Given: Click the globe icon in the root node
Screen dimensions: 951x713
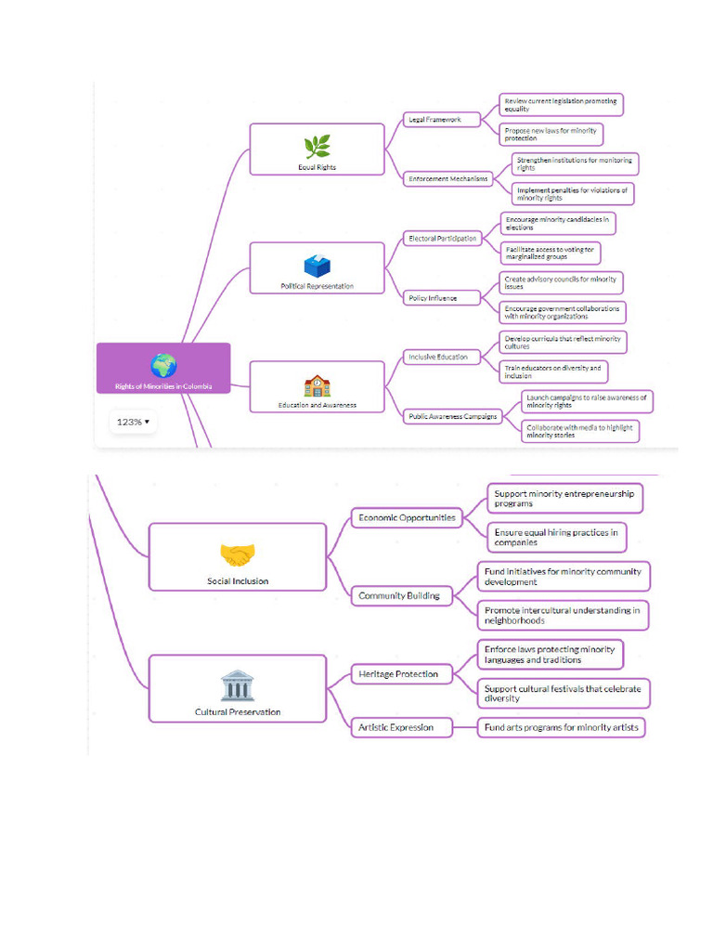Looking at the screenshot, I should click(163, 366).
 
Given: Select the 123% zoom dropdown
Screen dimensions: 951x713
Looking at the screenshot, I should click(132, 422).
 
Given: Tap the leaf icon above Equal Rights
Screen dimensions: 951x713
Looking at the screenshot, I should click(317, 147).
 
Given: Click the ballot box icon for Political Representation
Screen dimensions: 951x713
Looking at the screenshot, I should click(317, 266).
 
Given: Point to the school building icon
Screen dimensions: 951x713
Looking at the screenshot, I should click(317, 385).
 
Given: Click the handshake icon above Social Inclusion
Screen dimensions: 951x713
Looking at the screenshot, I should click(238, 555).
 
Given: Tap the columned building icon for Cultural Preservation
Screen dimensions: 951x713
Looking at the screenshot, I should click(238, 686).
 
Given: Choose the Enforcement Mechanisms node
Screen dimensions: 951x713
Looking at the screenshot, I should click(448, 178).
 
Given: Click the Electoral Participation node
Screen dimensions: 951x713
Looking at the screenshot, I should click(443, 239).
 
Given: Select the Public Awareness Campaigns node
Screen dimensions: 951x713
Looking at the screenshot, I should click(453, 416).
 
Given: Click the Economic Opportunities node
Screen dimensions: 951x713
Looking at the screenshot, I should click(408, 517).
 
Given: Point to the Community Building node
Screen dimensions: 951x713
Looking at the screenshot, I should click(399, 595).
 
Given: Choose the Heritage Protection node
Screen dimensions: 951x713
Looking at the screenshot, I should click(398, 673).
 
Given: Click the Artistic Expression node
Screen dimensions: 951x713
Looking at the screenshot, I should click(396, 727).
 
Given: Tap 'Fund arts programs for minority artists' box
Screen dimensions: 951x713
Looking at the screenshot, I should click(562, 727).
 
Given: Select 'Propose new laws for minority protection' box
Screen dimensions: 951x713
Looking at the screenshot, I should click(551, 134).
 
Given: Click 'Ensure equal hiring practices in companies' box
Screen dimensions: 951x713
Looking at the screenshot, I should click(556, 537).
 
